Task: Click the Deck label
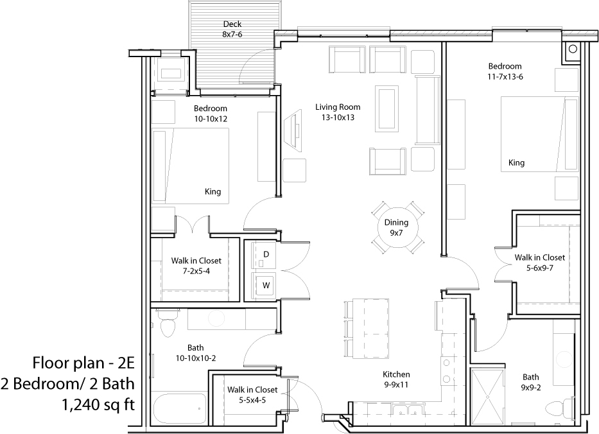pos(232,24)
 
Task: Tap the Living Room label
pos(338,107)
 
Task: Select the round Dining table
pos(397,227)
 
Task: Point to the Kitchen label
pos(396,374)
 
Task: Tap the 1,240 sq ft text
pos(98,404)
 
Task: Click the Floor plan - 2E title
pos(83,363)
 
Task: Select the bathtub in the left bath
pos(180,408)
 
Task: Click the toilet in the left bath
pos(168,323)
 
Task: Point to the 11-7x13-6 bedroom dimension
pos(505,77)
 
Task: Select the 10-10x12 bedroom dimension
pos(211,119)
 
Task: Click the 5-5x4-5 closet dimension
pos(252,401)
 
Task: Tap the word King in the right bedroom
pos(516,163)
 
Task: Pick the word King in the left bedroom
pos(213,191)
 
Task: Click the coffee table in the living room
pos(387,108)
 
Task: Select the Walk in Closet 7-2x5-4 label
pos(196,266)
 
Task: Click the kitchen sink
pos(407,410)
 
